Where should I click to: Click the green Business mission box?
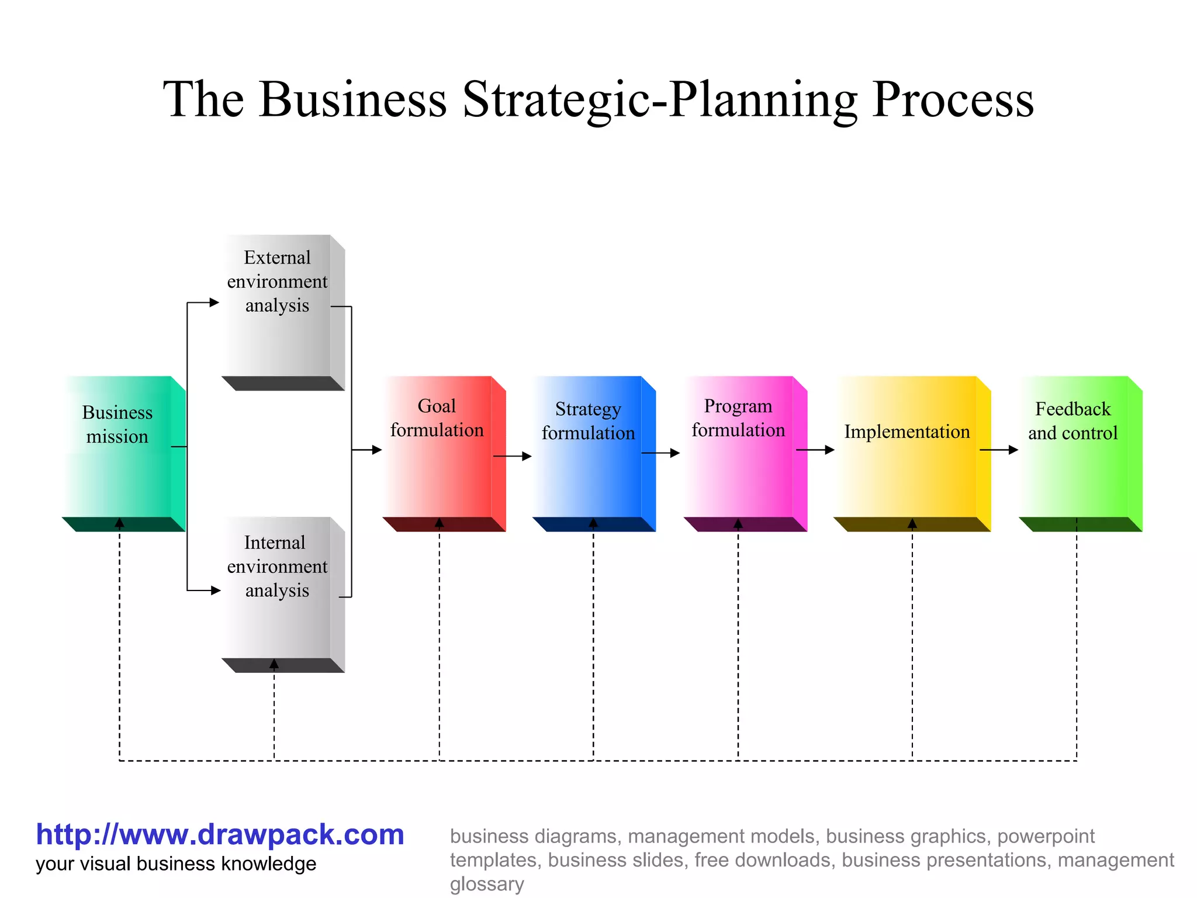tap(120, 447)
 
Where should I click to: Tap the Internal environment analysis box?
tap(278, 590)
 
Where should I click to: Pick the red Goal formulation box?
tap(438, 447)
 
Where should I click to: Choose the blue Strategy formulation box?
tap(589, 447)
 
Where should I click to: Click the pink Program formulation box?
tap(739, 447)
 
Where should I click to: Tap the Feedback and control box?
tap(1074, 447)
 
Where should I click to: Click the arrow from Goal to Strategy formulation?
tap(513, 456)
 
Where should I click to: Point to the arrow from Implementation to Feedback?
tap(999, 450)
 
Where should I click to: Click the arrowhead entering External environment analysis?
tap(214, 303)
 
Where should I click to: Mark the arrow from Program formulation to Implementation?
tap(815, 450)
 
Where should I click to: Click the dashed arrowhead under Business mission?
tap(120, 523)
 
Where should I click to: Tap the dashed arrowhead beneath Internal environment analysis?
tap(274, 664)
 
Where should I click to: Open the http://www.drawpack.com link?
tap(220, 834)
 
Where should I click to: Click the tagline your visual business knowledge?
tap(175, 864)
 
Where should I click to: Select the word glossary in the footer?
tap(486, 884)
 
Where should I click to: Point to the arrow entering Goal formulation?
tap(367, 450)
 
